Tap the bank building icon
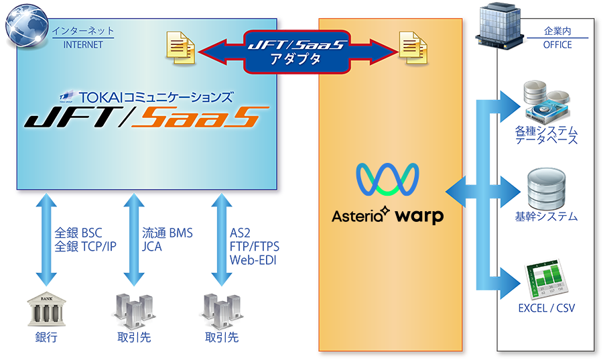pyautogui.click(x=46, y=310)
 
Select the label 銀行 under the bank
pyautogui.click(x=46, y=337)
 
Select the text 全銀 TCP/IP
pyautogui.click(x=85, y=247)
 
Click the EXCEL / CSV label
pyautogui.click(x=547, y=308)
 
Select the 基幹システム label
pyautogui.click(x=547, y=217)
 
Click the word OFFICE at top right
pyautogui.click(x=557, y=45)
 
